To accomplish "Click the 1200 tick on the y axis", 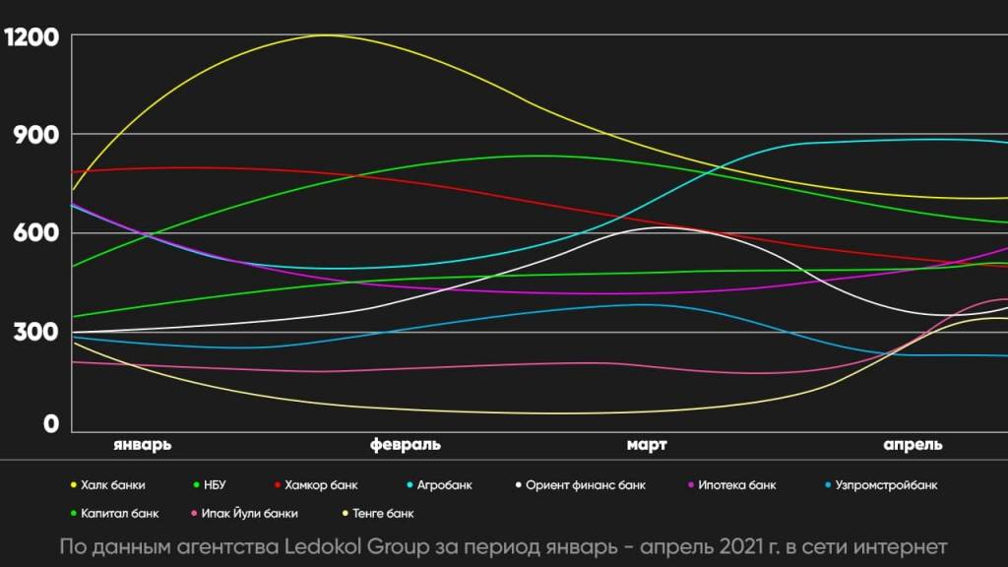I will [x=31, y=38].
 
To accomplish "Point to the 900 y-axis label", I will [x=37, y=135].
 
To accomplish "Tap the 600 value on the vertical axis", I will [x=37, y=233].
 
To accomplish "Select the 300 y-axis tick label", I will [x=37, y=332].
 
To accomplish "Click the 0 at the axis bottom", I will [x=50, y=424].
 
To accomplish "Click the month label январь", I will [x=143, y=444].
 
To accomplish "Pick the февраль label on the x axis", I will [x=406, y=444].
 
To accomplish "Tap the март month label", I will [x=647, y=444].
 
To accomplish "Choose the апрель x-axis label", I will [x=913, y=444].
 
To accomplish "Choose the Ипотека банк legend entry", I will [x=736, y=485].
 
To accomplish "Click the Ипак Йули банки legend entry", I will [x=250, y=513].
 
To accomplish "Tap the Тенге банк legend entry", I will [x=383, y=513].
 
